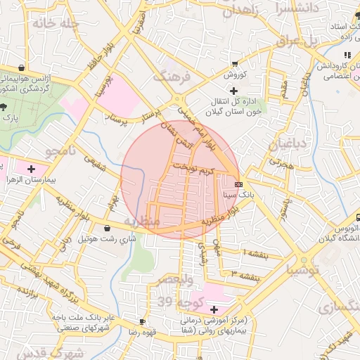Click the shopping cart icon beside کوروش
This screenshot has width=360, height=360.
(x=234, y=63)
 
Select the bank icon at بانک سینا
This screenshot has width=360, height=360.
(x=238, y=184)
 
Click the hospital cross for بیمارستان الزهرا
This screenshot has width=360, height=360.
(x=31, y=169)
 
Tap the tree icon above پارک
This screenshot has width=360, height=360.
(x=6, y=106)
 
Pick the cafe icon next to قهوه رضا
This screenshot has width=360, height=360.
(x=143, y=322)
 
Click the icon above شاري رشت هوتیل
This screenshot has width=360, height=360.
(x=107, y=228)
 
